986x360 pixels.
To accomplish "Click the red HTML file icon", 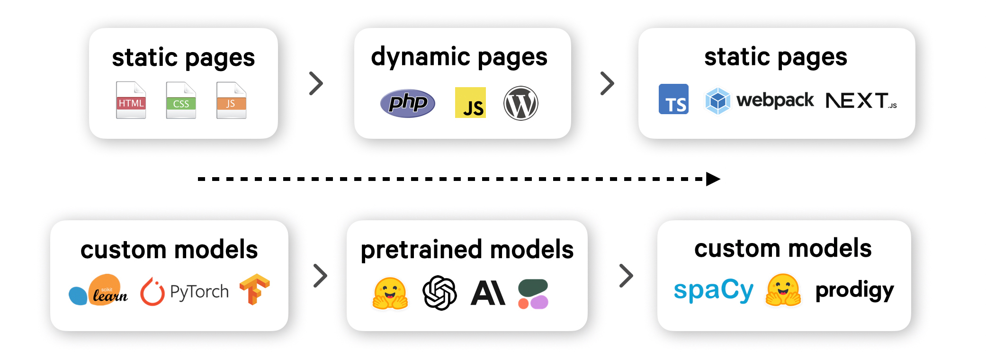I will tap(131, 100).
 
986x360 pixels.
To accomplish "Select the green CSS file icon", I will tap(181, 100).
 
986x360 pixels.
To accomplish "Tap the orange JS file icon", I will tap(231, 100).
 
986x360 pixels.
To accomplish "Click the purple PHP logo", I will tap(407, 103).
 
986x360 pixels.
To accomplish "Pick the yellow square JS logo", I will tap(470, 102).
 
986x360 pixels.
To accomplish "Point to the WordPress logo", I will tap(520, 103).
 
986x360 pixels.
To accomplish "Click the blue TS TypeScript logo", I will tap(673, 99).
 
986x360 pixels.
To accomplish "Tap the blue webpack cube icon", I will tap(717, 100).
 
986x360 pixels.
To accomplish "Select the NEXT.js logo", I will tap(861, 100).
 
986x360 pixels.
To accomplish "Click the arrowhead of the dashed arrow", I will tap(713, 179).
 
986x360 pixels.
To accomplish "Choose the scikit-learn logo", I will tap(99, 290).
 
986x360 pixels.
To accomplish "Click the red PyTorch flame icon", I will tap(152, 291).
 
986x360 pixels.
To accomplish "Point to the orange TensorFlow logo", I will tap(254, 289).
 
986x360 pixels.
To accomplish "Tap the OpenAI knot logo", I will tap(439, 293).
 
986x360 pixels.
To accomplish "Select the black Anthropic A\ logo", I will tap(488, 293).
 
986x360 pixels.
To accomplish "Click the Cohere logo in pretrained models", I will tap(533, 294).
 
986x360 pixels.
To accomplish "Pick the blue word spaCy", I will tap(713, 290).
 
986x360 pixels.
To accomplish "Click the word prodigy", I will tap(854, 290).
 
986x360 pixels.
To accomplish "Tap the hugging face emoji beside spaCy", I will tap(783, 290).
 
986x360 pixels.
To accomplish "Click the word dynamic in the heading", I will tap(421, 57).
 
